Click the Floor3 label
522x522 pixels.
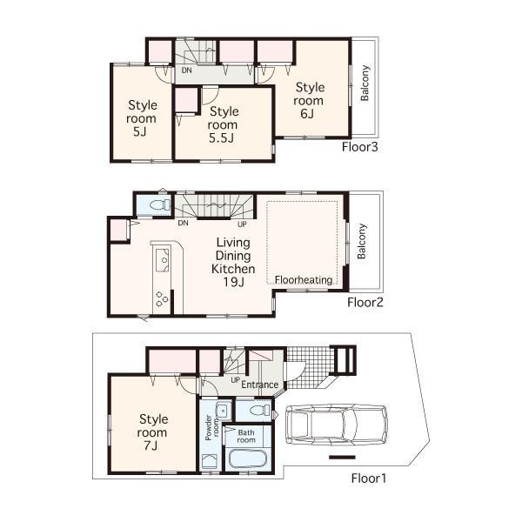click(360, 146)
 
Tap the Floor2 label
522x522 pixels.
click(366, 303)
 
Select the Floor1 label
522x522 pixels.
click(369, 478)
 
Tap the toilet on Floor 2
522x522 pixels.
click(158, 205)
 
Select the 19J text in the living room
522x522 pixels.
click(233, 282)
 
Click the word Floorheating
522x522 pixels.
click(304, 280)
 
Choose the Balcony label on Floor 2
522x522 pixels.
click(362, 242)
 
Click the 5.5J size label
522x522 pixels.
click(224, 138)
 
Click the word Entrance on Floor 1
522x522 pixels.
click(259, 385)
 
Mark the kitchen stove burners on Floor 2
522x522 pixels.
click(162, 298)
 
